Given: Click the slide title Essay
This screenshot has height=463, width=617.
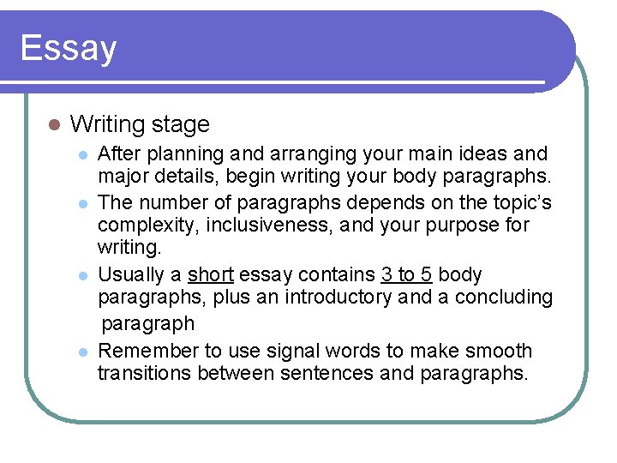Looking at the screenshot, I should [69, 48].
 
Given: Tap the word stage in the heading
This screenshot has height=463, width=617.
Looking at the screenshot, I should [181, 124].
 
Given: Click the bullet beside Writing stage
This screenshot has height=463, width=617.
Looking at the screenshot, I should [52, 124].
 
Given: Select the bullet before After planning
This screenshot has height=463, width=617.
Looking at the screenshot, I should [82, 155].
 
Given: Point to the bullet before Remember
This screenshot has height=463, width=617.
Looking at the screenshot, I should [82, 352].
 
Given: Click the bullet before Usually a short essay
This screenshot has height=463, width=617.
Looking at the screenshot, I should [82, 276].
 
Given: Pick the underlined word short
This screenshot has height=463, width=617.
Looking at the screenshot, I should [211, 275].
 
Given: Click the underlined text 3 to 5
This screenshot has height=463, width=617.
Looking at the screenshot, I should [406, 275].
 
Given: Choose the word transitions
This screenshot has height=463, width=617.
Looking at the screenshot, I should [145, 374].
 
